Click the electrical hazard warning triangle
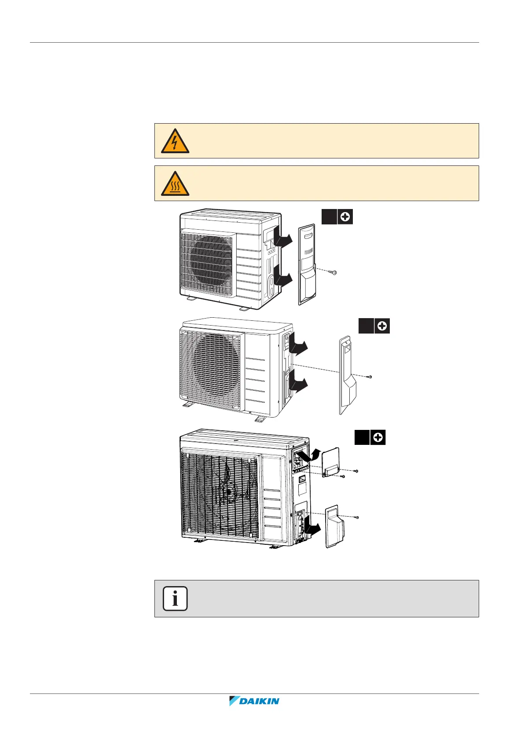point(175,141)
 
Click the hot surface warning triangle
point(175,184)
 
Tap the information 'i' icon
point(175,599)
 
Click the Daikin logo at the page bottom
point(254,701)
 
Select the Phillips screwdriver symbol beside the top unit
point(345,217)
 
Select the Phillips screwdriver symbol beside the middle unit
point(382,326)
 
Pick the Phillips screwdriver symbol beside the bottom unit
point(378,438)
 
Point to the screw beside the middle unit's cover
point(370,377)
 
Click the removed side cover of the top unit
point(307,264)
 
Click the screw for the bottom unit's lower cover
point(357,517)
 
